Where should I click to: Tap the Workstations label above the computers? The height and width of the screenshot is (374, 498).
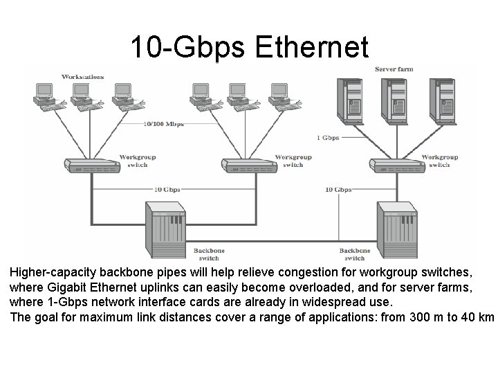click(83, 76)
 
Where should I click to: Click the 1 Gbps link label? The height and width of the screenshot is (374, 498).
click(328, 137)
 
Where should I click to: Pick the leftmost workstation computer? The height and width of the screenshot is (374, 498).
click(45, 93)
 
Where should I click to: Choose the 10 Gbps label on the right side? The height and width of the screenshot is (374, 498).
click(338, 189)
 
